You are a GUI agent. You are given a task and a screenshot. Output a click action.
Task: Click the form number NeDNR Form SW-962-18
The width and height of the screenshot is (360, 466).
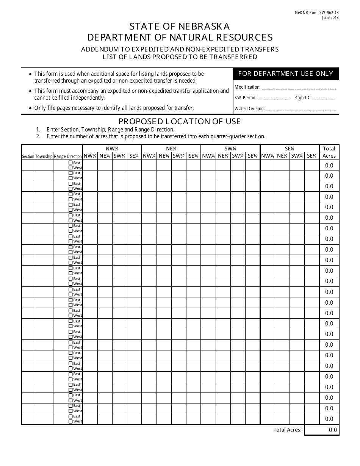tap(322, 13)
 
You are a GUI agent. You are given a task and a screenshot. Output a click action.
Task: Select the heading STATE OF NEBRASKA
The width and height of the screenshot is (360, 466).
tap(180, 26)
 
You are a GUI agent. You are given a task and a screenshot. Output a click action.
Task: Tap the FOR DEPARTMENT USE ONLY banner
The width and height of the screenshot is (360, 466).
tap(285, 74)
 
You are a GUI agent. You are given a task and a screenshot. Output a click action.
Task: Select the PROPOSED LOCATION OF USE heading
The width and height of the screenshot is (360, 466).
tap(180, 122)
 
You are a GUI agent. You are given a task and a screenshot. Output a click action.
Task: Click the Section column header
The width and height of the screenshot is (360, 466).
tap(28, 156)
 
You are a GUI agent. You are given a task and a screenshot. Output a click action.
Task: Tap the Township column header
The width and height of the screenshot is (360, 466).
tap(44, 156)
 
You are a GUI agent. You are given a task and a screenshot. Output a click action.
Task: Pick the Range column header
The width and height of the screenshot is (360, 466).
tap(60, 156)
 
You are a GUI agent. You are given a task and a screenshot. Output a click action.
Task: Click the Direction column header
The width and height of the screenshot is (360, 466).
tap(75, 156)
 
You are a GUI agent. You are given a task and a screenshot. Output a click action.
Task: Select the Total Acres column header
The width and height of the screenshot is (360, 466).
tap(329, 152)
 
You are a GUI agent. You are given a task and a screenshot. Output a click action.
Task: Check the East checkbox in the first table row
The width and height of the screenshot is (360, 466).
tap(70, 163)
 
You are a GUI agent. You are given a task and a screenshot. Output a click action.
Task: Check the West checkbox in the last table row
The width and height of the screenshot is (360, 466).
tap(70, 421)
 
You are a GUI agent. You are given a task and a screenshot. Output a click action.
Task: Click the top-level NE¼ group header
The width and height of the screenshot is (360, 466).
tap(171, 149)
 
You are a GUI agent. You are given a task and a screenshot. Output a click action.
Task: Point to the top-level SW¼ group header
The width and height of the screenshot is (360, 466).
tap(230, 149)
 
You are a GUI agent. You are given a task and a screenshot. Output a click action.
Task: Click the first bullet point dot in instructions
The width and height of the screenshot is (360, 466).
tap(30, 74)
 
